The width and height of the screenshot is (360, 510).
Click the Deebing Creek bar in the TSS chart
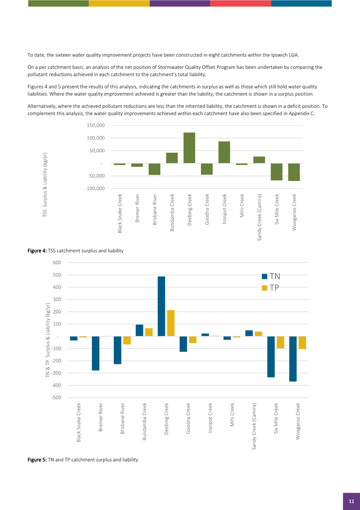(189, 148)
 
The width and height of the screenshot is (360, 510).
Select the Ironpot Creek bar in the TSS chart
(224, 152)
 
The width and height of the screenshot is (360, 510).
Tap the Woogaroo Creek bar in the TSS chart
(294, 172)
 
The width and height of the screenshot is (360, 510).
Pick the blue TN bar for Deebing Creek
(161, 306)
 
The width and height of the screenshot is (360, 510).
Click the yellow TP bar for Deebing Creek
(171, 323)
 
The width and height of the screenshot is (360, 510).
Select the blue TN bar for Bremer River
(96, 353)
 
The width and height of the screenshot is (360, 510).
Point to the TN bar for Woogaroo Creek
(293, 359)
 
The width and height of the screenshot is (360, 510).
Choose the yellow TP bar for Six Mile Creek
(280, 342)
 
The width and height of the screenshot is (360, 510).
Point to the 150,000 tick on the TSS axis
(95, 126)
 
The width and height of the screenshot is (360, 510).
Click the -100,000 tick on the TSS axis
(94, 188)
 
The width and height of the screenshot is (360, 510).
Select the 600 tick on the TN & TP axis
(57, 263)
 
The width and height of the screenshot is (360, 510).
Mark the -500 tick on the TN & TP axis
(56, 398)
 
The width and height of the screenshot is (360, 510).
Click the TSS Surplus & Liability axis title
(45, 185)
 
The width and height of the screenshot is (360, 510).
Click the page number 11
(351, 501)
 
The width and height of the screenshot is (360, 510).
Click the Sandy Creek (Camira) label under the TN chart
(255, 426)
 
